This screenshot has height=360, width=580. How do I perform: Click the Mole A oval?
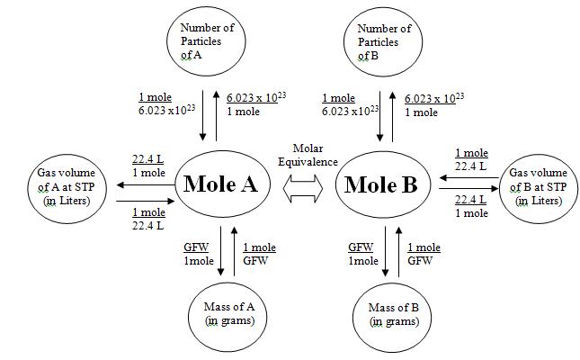pos(221,184)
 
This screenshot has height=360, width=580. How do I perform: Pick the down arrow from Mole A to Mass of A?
pos(219,252)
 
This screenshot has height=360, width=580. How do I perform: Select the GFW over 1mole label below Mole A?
pos(196,253)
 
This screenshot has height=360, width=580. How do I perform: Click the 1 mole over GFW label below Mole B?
pos(424,253)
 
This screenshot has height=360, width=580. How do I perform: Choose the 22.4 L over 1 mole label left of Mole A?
pos(147,164)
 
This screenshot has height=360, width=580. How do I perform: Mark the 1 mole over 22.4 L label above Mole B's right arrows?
pos(471,158)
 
